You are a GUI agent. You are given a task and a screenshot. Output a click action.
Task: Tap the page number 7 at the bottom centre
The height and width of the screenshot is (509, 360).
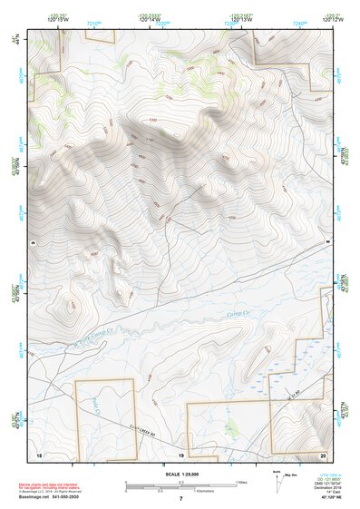point(180,499)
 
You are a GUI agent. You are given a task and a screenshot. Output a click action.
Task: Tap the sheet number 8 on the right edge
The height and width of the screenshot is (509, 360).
point(327,242)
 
